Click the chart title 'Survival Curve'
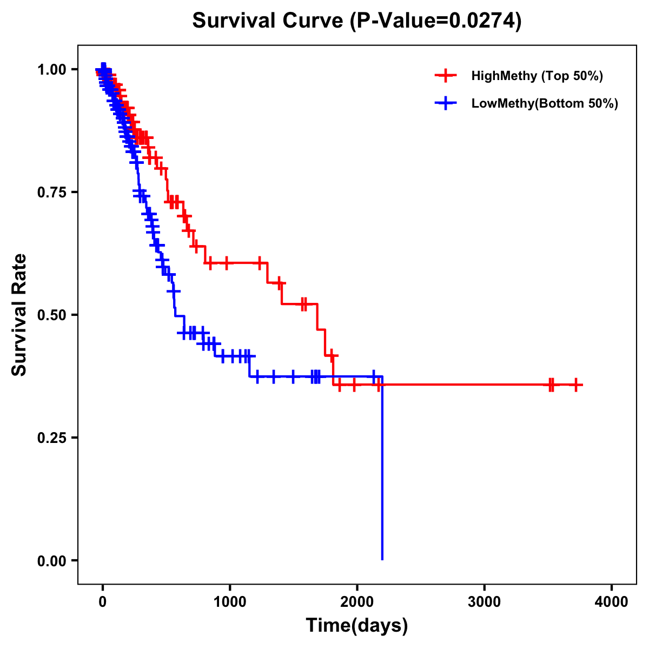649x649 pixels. (x=268, y=21)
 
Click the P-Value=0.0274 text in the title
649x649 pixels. (x=435, y=21)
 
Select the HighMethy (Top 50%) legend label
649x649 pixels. (x=537, y=76)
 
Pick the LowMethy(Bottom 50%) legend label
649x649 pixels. (x=545, y=104)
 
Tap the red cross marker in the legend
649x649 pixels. (x=445, y=76)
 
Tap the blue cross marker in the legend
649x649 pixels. (x=445, y=104)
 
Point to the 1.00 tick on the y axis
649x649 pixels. (x=51, y=70)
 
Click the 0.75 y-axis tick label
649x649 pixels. (x=51, y=193)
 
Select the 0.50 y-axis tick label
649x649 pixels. (x=51, y=315)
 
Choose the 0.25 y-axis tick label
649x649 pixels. (x=51, y=438)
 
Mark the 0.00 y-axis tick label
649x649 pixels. (x=51, y=561)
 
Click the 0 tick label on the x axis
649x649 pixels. (x=103, y=601)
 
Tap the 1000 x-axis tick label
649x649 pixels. (x=230, y=601)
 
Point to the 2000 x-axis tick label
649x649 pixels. (x=357, y=601)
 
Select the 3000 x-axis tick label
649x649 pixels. (x=484, y=601)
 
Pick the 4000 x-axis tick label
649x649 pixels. (x=612, y=601)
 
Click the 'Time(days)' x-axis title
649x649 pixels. (x=357, y=626)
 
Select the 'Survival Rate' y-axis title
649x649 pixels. (x=19, y=315)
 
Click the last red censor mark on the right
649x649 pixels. (x=576, y=385)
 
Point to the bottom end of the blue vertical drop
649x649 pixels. (x=382, y=559)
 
